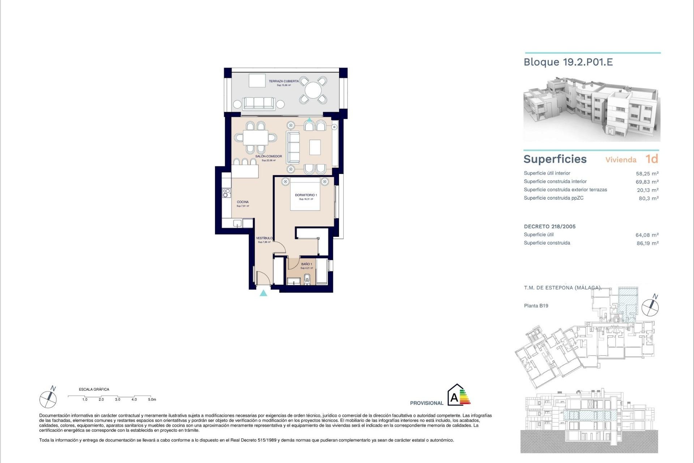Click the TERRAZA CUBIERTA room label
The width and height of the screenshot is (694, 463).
click(284, 81)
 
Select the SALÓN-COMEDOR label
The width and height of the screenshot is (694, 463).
click(269, 157)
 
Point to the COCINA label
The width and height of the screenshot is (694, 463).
click(243, 202)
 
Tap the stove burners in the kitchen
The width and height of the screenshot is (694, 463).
click(227, 193)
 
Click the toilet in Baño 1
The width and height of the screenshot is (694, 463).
click(307, 279)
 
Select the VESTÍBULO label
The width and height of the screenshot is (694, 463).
click(264, 238)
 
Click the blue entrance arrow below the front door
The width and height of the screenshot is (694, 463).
click(264, 293)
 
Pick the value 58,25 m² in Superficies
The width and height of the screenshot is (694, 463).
click(647, 174)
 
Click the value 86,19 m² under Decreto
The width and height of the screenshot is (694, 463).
click(647, 243)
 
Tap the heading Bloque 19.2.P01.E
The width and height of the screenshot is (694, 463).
click(568, 62)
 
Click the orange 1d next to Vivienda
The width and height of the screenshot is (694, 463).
click(652, 159)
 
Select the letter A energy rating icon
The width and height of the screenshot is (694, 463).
click(454, 398)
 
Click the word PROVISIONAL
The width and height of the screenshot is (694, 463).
click(427, 403)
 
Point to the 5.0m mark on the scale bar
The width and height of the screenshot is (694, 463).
click(152, 399)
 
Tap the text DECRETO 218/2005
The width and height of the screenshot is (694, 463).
click(549, 226)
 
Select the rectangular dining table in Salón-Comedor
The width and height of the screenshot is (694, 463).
click(256, 137)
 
